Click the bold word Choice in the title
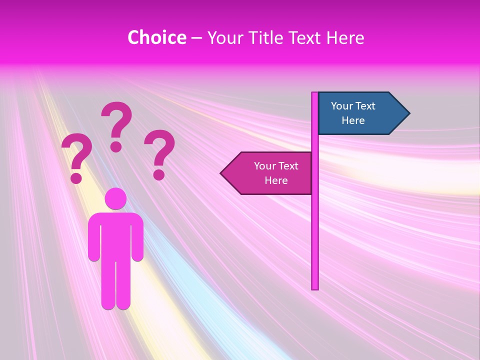[x=156, y=38]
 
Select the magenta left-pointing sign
[x=270, y=173]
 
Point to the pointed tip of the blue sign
[x=408, y=113]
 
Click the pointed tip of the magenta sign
[x=222, y=173]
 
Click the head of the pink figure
[x=115, y=199]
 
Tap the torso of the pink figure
[x=115, y=235]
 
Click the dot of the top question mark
[x=116, y=146]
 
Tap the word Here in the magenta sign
[x=276, y=180]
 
